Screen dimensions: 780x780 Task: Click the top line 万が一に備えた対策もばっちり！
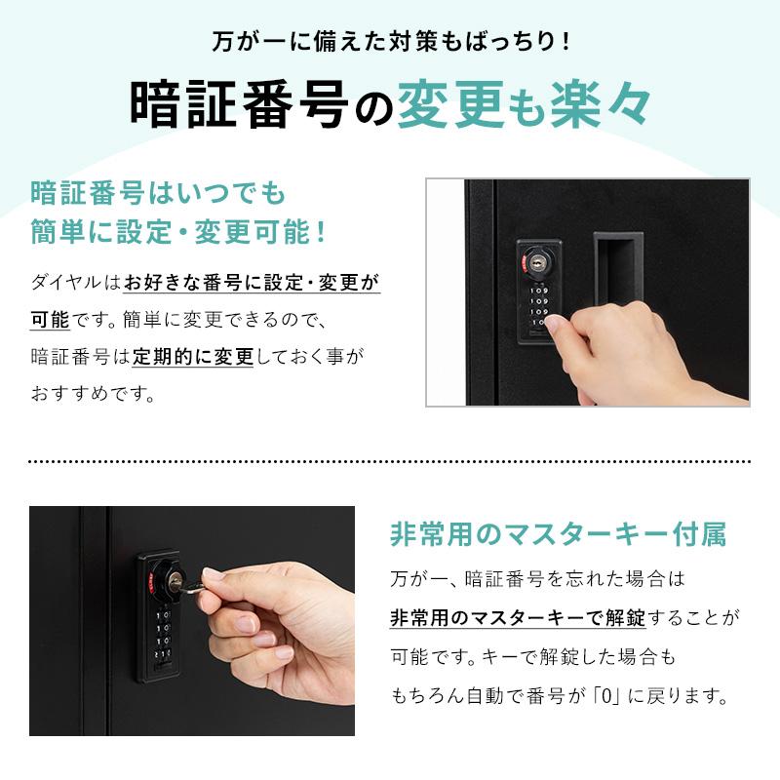pyautogui.click(x=390, y=44)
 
